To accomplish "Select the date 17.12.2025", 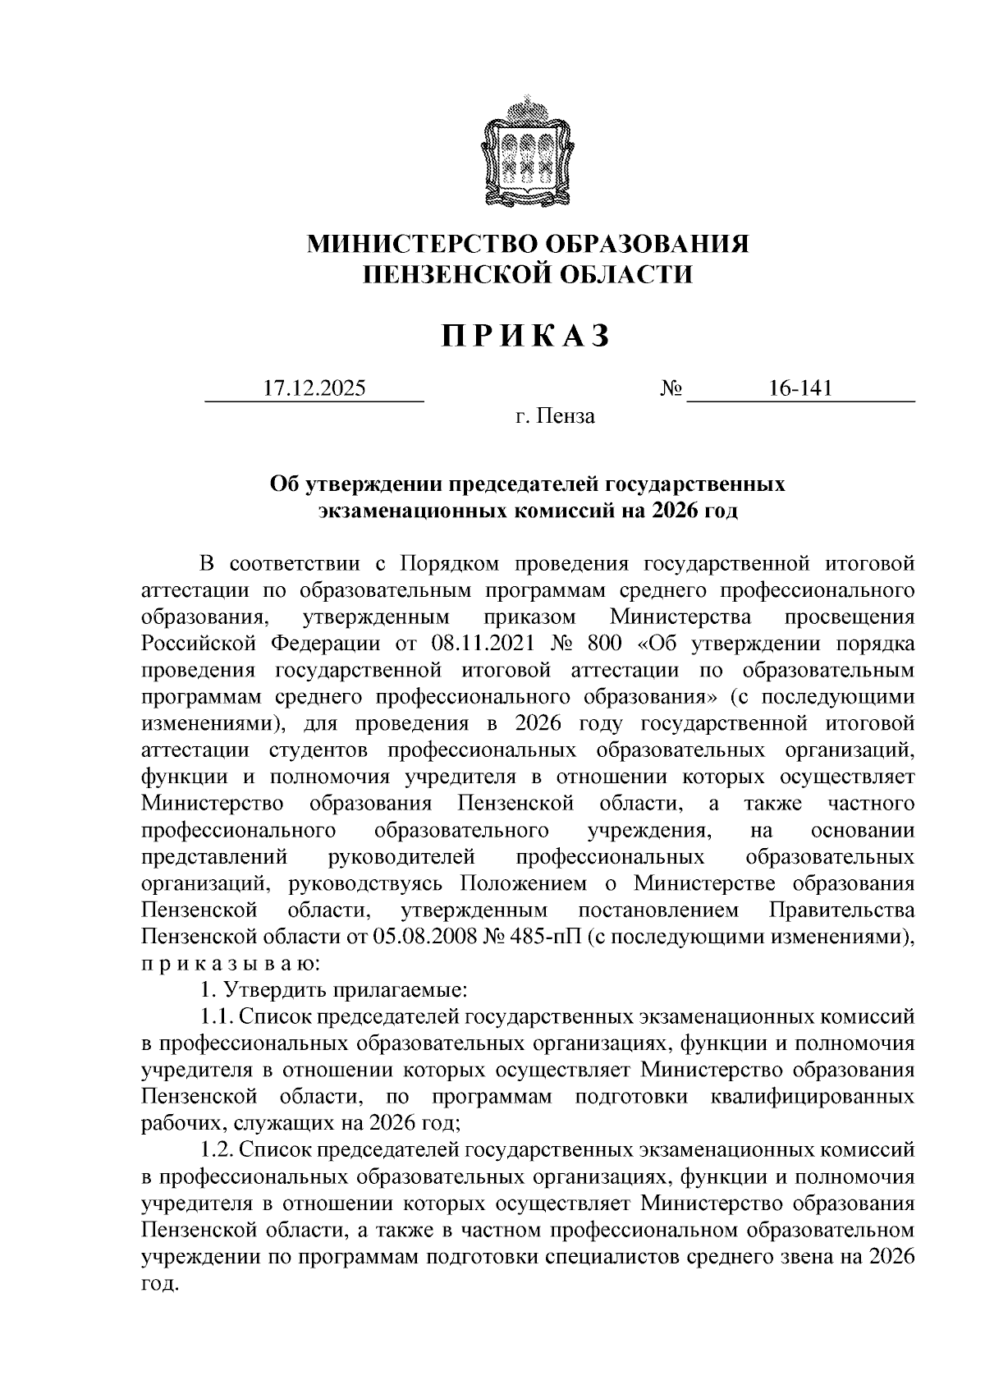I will click(x=314, y=388).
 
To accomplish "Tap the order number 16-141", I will click(x=800, y=388).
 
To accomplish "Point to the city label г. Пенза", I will click(x=555, y=417).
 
